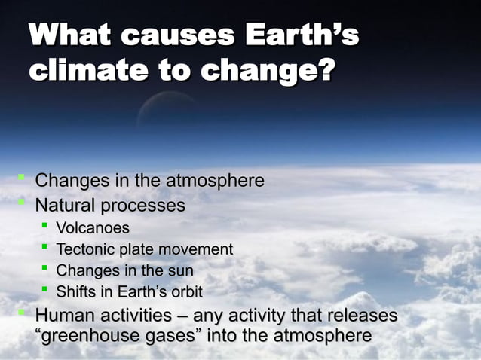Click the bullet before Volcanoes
(x=46, y=227)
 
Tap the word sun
(x=181, y=270)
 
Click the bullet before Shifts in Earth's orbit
(x=46, y=290)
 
